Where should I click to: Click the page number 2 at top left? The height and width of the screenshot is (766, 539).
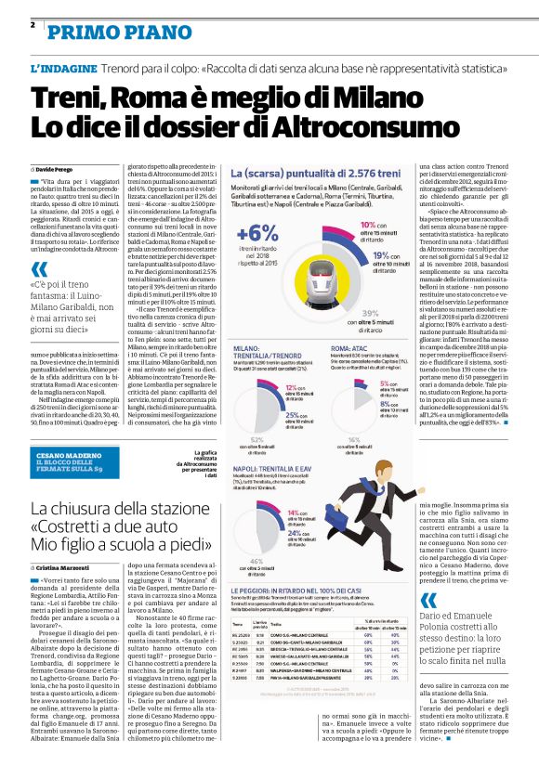tap(33, 24)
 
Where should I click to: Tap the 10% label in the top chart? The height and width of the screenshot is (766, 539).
tap(366, 226)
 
